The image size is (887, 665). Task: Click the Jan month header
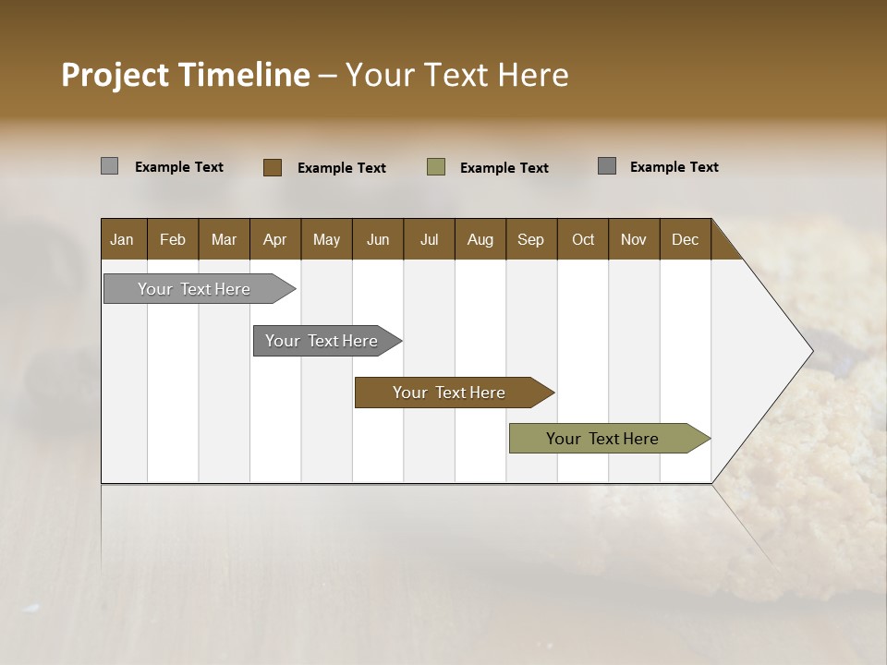click(123, 239)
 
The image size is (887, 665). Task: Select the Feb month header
click(173, 239)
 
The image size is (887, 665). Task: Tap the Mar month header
click(224, 239)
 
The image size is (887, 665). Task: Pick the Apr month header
click(275, 239)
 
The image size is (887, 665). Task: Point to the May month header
click(326, 239)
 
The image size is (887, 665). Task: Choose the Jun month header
click(378, 239)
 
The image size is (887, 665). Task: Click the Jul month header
click(429, 239)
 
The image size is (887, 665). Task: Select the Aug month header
click(480, 239)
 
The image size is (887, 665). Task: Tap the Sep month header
click(531, 239)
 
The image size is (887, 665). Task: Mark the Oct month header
click(583, 239)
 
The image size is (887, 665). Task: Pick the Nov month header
click(634, 239)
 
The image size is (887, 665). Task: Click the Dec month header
click(686, 239)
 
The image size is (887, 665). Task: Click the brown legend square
click(273, 167)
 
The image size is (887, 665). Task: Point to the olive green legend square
click(436, 167)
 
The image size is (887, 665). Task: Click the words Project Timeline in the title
click(186, 75)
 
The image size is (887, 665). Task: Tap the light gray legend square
click(110, 166)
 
